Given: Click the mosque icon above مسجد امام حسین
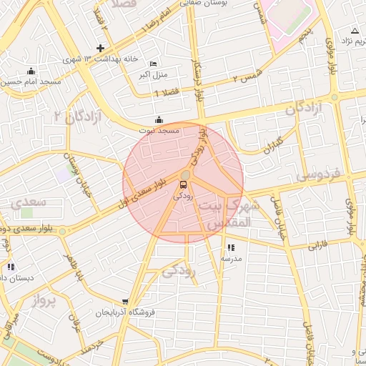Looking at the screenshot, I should click(31, 71).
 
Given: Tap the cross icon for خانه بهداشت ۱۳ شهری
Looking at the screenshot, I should click(101, 49).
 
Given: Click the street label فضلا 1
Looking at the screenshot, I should click(167, 92).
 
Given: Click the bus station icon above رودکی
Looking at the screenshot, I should click(184, 185).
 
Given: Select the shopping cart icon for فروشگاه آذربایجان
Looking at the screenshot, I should click(126, 302).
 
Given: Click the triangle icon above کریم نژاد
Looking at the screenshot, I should click(355, 30).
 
